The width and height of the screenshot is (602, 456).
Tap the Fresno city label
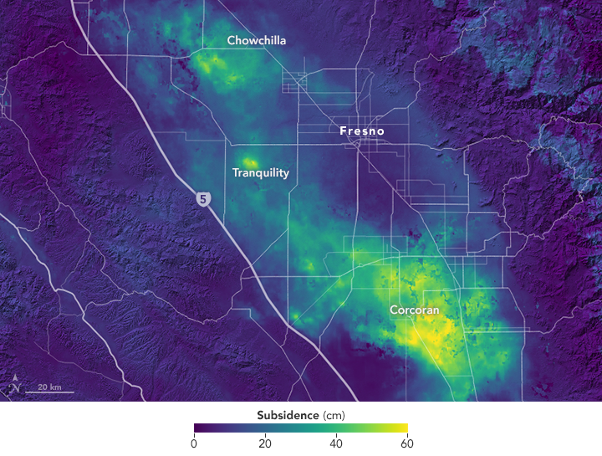click(x=360, y=131)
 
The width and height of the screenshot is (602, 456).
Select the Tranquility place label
click(x=260, y=173)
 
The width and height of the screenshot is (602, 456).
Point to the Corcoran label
click(x=414, y=310)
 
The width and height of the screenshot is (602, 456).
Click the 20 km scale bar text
click(x=49, y=387)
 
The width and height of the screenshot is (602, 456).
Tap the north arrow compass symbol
click(x=16, y=387)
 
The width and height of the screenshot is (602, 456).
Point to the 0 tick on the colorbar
click(x=194, y=443)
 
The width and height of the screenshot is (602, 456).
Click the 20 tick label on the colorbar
click(x=265, y=443)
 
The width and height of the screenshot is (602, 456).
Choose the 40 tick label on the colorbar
click(x=336, y=443)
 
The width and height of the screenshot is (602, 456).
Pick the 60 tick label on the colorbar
click(x=407, y=443)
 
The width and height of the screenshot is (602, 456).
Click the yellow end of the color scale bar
click(x=404, y=429)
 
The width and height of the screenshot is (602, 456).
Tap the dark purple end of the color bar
click(x=197, y=429)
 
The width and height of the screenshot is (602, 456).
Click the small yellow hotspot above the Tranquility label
click(x=249, y=162)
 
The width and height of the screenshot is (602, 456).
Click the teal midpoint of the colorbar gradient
click(x=301, y=429)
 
